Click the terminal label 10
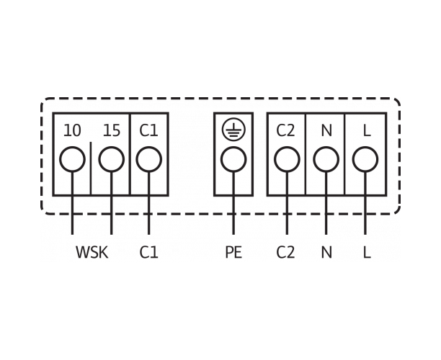point(72,130)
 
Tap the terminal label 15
point(112,130)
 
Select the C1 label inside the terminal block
point(148,130)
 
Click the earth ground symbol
point(233,130)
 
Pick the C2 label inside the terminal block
point(286,130)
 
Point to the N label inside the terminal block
point(326,130)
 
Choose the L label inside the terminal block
point(367,130)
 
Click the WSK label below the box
point(92,252)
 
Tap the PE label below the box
point(233,252)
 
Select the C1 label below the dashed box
point(148,252)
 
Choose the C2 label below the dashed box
point(286,252)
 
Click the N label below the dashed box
point(326,252)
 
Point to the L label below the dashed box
point(367,252)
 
